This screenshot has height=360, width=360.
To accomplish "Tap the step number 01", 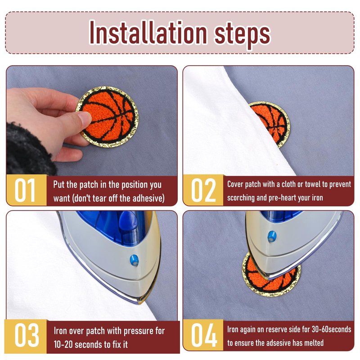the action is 25,190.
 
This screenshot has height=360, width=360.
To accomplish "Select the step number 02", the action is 203,190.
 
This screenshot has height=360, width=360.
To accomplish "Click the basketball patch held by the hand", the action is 108,117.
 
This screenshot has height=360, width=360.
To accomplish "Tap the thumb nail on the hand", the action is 85,117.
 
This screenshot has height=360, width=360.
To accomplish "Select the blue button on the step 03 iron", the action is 134,260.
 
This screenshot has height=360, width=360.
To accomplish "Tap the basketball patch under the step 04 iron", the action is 271,275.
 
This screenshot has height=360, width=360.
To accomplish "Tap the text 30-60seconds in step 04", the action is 331,329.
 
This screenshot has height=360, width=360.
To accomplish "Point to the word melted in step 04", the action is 314,343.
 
